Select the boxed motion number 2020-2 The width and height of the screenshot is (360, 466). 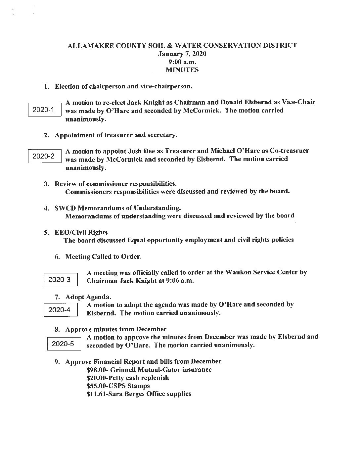(x=43, y=156)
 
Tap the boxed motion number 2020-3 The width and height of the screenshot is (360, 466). (x=60, y=280)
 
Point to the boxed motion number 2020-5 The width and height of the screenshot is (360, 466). (x=63, y=344)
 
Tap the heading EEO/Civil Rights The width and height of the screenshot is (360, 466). (x=81, y=232)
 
